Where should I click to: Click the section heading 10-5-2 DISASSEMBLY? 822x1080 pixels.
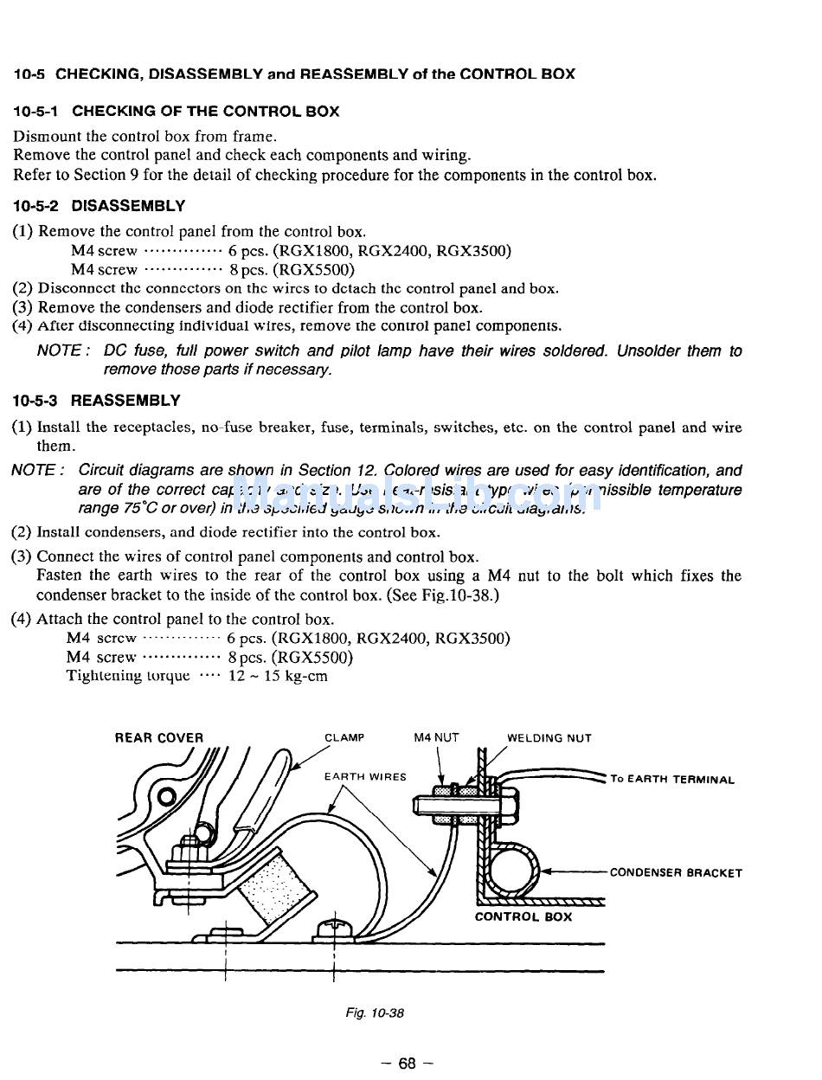pos(99,206)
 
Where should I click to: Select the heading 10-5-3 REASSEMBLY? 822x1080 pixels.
pos(97,401)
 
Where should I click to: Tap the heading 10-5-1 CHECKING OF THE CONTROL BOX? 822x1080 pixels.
pos(176,112)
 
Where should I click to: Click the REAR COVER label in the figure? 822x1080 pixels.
pos(159,738)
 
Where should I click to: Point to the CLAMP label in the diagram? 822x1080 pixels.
pos(344,738)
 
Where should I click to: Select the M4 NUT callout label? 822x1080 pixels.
pos(436,738)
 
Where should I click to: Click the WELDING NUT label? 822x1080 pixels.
pos(549,738)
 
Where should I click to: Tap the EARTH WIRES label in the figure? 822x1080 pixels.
pos(365,776)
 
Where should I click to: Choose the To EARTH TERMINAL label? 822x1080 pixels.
pos(672,779)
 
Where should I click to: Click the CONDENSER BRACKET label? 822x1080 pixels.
pos(676,872)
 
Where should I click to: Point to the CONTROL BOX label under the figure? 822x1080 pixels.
pos(523,916)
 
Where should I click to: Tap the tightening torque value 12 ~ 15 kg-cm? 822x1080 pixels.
pos(278,676)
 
